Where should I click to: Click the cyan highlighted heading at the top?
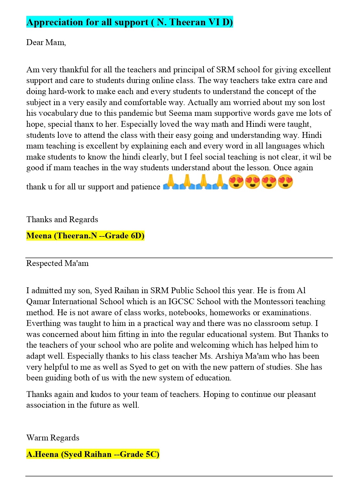pos(130,22)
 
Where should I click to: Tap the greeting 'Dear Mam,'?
pos(46,42)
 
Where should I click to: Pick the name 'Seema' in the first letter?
pos(180,113)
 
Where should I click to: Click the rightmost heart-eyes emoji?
pos(285,182)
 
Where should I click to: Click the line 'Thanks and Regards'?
pos(62,220)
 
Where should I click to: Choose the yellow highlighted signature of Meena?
pos(85,236)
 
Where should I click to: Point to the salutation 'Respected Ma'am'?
pos(57,263)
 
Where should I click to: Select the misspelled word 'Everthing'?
pos(43,323)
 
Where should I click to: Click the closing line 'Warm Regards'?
pos(53,438)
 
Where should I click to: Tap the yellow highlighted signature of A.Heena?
pos(93,454)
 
